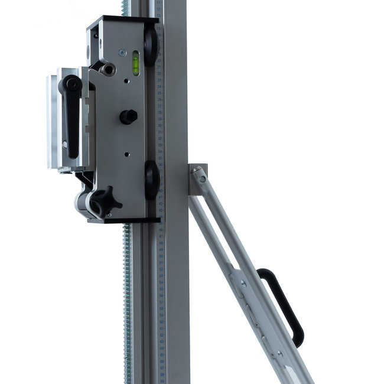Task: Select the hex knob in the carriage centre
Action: [x=128, y=116]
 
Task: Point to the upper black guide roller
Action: [x=151, y=46]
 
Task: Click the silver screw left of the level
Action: [x=122, y=52]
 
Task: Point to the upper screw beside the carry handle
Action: [x=242, y=282]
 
